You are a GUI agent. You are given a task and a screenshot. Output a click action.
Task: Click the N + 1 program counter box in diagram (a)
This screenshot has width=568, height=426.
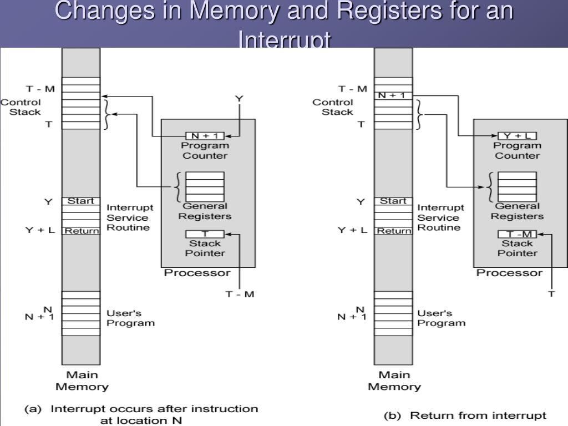pos(205,136)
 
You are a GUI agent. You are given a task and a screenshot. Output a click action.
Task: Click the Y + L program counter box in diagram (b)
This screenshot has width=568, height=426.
pos(517,136)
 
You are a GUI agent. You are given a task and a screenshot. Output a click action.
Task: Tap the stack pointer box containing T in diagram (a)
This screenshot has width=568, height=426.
pos(205,234)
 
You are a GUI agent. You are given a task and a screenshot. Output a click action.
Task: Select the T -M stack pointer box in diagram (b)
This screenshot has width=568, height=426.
pos(517,234)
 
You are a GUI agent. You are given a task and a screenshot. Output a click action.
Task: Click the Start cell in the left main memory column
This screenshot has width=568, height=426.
pos(81,201)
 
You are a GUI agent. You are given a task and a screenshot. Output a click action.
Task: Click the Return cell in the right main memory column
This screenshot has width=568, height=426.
pos(393,231)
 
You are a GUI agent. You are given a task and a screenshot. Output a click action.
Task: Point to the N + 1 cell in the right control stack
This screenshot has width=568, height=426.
pos(393,95)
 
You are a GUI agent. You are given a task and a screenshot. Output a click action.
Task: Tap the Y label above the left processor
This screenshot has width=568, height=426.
pos(239,98)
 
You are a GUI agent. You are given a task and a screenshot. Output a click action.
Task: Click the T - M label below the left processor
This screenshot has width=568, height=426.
pos(240,294)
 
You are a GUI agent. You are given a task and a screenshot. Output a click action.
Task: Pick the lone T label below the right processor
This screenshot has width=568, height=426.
pos(551,294)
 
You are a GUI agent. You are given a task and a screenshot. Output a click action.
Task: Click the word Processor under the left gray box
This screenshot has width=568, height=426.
pos(197,273)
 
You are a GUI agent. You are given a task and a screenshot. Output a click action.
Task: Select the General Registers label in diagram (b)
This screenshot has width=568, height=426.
pos(517,211)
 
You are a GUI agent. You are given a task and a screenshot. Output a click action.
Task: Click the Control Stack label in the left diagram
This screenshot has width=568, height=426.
pos(21,107)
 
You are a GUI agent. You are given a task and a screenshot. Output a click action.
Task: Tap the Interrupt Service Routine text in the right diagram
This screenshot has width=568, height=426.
pos(440,217)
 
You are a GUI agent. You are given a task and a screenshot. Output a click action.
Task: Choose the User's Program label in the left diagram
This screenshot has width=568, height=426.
pos(130,318)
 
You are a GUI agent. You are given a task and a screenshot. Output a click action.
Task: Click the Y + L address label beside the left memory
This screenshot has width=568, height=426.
pos(40,230)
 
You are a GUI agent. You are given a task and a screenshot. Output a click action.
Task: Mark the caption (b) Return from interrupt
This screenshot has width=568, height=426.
pos(466,415)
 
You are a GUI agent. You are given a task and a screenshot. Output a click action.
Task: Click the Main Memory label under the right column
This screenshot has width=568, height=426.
pos(394,381)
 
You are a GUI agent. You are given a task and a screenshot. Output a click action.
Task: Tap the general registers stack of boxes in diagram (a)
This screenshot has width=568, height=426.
pos(205,187)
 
